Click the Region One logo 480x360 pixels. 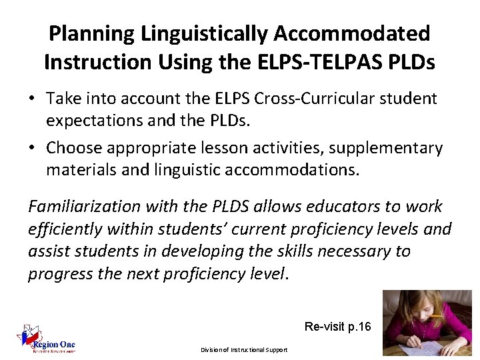[47, 342]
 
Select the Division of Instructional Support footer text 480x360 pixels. [243, 350]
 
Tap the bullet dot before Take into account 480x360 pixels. [32, 99]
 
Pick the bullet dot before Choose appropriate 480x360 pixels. [32, 148]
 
